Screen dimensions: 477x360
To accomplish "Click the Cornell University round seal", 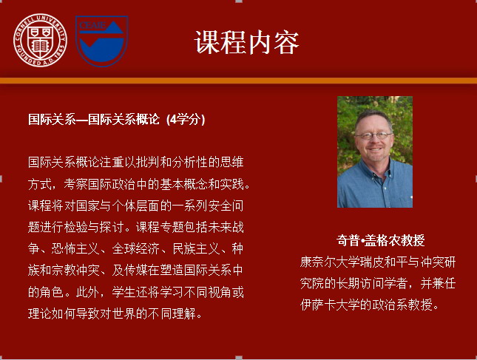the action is (x=40, y=40).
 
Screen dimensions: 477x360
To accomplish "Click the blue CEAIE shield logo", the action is (x=101, y=41).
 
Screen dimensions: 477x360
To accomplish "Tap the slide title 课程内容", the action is (x=247, y=42).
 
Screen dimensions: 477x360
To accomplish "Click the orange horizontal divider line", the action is (x=238, y=81).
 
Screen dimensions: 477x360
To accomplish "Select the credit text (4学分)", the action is (x=186, y=119).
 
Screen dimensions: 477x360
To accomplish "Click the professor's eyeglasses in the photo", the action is (x=373, y=135).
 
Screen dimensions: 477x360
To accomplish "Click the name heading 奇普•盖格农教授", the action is (x=380, y=240).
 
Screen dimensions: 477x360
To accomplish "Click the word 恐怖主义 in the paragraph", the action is (x=75, y=248).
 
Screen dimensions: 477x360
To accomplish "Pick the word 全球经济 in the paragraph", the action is (x=135, y=248).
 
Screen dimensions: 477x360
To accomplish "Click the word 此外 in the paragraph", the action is (x=88, y=292).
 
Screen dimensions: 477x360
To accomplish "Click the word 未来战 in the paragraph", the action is (x=226, y=227).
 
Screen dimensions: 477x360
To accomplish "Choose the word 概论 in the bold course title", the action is (x=148, y=119).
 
